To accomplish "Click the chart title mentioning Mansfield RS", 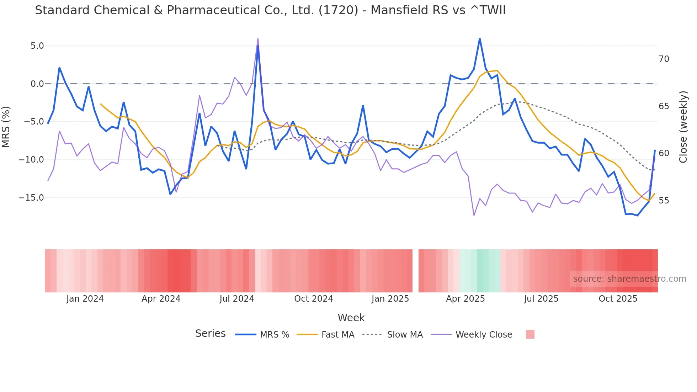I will [x=270, y=10].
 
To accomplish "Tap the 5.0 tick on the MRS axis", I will [x=37, y=46].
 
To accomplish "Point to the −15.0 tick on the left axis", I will [x=31, y=198].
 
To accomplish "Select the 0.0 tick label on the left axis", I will [x=37, y=84].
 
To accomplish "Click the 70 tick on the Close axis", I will [x=664, y=59].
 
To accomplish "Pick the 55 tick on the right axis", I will [x=664, y=201].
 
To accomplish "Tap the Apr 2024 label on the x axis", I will [x=161, y=299].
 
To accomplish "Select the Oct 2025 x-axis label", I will [x=618, y=299].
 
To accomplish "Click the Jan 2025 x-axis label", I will [x=390, y=299].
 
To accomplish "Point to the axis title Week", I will [x=351, y=318].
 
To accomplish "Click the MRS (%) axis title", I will [x=6, y=127].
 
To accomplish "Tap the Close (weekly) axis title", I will [x=683, y=127].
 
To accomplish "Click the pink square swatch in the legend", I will [x=530, y=334].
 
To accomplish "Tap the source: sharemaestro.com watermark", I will [x=629, y=279].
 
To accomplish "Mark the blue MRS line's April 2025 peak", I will [x=480, y=39].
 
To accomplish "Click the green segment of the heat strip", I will [x=483, y=270].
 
